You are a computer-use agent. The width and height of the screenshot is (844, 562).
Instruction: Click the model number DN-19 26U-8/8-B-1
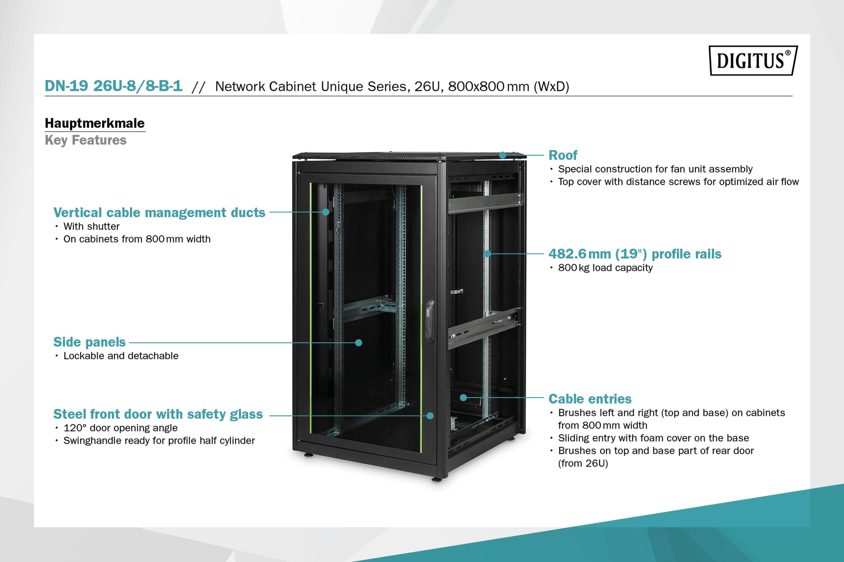tap(113, 86)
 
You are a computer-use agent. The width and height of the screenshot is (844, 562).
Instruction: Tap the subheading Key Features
tap(85, 140)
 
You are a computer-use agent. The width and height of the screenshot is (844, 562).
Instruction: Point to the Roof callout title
tap(563, 155)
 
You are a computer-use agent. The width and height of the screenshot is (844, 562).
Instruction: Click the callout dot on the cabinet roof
tap(503, 155)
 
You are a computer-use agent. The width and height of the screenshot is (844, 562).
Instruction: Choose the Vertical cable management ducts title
tap(159, 212)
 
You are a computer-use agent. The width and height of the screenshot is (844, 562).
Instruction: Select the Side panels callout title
tap(89, 342)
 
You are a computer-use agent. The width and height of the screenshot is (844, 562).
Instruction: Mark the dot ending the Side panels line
tap(358, 343)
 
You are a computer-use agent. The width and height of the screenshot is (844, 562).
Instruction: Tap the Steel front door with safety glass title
tap(158, 414)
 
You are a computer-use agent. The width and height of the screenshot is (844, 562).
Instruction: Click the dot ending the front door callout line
tap(430, 416)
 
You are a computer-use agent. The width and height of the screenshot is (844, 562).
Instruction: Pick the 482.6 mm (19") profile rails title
tap(634, 254)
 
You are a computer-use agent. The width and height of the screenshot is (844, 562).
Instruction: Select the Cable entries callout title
tap(590, 399)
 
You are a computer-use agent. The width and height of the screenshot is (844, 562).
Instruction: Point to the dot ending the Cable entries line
tap(463, 398)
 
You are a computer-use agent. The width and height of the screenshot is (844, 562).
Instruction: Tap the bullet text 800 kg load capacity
tap(605, 268)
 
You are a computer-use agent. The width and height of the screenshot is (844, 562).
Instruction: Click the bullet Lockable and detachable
tap(121, 356)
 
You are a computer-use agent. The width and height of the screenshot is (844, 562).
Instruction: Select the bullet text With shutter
tap(91, 227)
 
